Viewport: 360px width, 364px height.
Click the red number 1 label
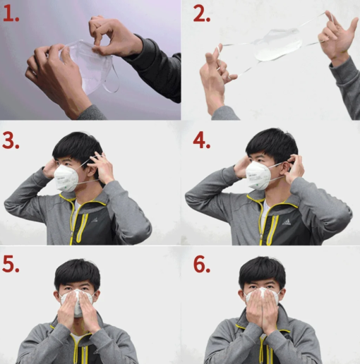[x=11, y=14]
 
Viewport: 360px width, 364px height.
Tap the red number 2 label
[x=202, y=14]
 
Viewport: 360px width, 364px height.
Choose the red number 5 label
[x=11, y=265]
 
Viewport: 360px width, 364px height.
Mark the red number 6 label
[x=202, y=265]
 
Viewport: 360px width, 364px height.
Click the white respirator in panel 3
[x=66, y=178]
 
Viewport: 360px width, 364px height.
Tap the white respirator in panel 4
[x=258, y=175]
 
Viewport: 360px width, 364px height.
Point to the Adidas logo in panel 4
[x=287, y=222]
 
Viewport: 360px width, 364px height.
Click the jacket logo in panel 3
[x=95, y=220]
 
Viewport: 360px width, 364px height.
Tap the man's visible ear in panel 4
[x=285, y=167]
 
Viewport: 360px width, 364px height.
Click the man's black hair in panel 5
[x=78, y=274]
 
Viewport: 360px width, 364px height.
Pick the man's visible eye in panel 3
[x=66, y=164]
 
